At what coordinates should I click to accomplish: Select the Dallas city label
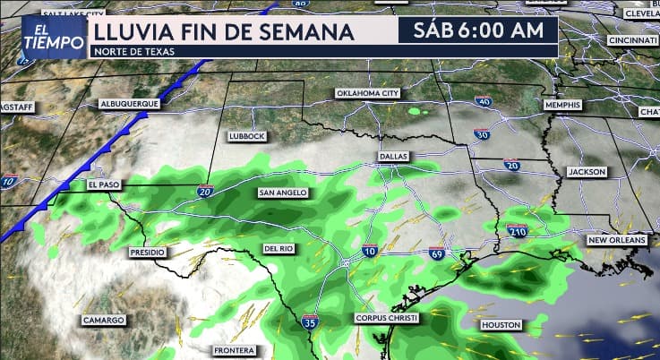(x=393, y=156)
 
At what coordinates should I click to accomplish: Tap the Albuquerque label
(x=130, y=104)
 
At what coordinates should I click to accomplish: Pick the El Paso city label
(x=104, y=185)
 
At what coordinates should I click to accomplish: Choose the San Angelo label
(x=283, y=193)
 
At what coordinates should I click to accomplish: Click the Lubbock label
(x=247, y=136)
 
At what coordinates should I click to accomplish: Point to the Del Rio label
(x=279, y=248)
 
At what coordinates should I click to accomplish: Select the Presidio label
(x=148, y=253)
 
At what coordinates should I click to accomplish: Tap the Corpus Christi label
(x=386, y=318)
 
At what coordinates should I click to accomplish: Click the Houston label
(x=501, y=324)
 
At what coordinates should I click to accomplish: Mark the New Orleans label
(x=616, y=241)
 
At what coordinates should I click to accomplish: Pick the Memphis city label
(x=562, y=105)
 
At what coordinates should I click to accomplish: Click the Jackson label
(x=587, y=171)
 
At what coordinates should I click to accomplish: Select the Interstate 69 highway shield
(x=436, y=254)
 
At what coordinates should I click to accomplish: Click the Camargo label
(x=103, y=320)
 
